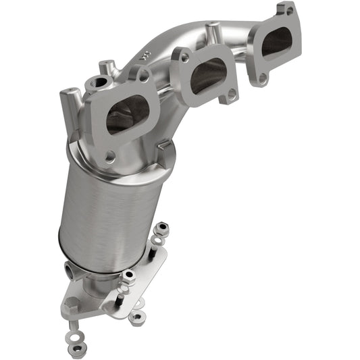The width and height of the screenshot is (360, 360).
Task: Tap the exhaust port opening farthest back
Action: pyautogui.click(x=277, y=43)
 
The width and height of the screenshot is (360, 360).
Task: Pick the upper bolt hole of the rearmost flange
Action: pyautogui.click(x=289, y=11)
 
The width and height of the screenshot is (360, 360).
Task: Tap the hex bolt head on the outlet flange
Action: pyautogui.click(x=128, y=276)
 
